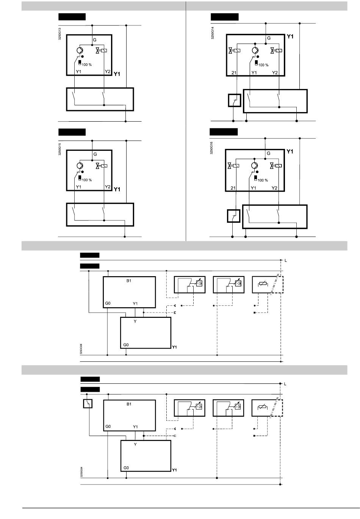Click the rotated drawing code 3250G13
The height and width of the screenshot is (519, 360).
click(59, 33)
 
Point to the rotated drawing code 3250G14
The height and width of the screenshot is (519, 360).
click(213, 32)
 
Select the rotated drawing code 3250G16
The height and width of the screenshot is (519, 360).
click(211, 147)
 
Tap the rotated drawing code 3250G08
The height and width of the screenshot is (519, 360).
click(81, 348)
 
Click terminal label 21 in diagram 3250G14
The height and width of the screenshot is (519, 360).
click(234, 73)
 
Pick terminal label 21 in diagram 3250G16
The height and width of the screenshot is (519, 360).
click(233, 188)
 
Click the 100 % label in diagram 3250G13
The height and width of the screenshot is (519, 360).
click(87, 65)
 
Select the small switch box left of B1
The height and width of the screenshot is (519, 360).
click(88, 403)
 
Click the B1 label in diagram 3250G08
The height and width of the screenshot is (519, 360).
click(129, 281)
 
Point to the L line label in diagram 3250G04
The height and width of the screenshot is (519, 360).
click(285, 384)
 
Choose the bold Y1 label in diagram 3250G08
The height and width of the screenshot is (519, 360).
click(174, 347)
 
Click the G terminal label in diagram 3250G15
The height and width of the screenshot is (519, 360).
click(95, 154)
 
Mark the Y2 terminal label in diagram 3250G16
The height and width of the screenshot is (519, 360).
click(275, 188)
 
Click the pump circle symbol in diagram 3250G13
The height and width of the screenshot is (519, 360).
click(80, 50)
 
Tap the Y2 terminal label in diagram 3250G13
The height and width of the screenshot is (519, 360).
click(108, 72)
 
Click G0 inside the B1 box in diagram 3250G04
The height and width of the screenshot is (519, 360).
click(108, 427)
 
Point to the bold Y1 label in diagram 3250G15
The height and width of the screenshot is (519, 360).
click(117, 189)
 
